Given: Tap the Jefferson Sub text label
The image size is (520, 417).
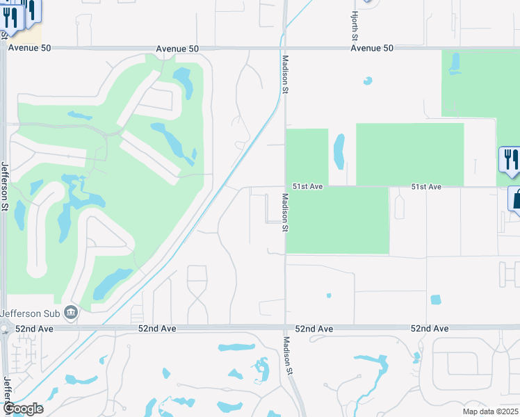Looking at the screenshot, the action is click(x=30, y=313).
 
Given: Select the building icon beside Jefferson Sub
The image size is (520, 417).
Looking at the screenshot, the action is click(x=70, y=313).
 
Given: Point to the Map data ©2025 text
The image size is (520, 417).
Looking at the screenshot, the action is click(x=491, y=411).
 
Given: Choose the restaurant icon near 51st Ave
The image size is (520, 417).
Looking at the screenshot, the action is click(x=509, y=159).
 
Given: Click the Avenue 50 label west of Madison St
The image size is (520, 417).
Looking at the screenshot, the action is click(x=177, y=49).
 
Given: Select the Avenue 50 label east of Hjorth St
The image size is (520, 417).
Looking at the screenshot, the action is click(x=372, y=49).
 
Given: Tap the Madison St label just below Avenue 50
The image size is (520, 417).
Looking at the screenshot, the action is click(x=285, y=72).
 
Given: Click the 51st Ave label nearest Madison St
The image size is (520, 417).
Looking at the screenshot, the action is click(x=307, y=187).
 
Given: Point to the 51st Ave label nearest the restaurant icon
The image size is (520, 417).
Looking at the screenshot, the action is click(x=426, y=187).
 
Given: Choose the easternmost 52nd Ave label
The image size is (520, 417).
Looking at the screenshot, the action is click(x=430, y=328).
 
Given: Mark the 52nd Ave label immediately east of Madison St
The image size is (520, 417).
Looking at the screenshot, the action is click(x=314, y=328).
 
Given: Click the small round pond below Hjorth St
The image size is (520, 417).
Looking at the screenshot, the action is click(x=367, y=81).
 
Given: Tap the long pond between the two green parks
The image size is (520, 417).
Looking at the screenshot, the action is click(x=339, y=151).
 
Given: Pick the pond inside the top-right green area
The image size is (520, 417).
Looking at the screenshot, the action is click(x=455, y=63).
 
